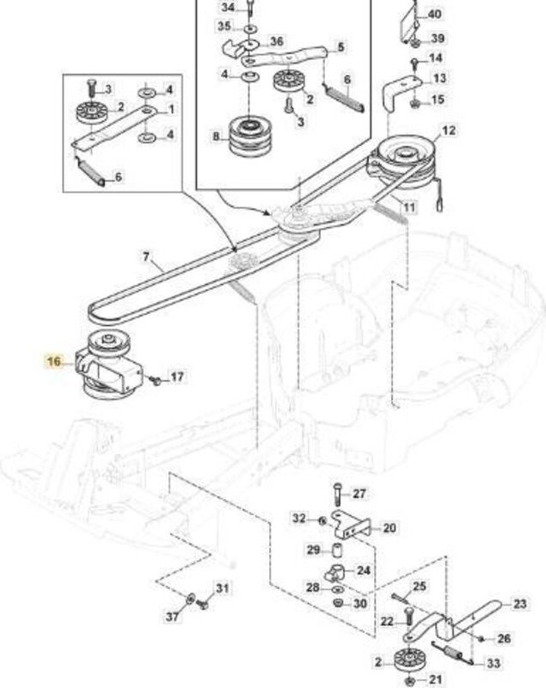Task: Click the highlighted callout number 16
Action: click(x=54, y=361)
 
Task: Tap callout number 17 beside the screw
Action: click(x=177, y=377)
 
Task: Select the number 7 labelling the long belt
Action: click(x=146, y=256)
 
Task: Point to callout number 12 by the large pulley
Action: click(x=449, y=131)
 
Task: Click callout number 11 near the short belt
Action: click(x=408, y=206)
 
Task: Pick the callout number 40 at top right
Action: click(x=434, y=14)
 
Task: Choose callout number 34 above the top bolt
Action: click(x=228, y=8)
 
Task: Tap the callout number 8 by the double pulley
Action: click(x=216, y=137)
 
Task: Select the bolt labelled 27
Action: click(x=337, y=494)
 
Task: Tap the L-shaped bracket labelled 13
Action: click(x=402, y=92)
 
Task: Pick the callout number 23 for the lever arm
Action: click(x=519, y=604)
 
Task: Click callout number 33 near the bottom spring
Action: click(x=494, y=662)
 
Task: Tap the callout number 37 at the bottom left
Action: click(x=172, y=616)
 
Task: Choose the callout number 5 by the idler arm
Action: click(x=340, y=46)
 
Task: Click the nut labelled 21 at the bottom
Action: click(x=409, y=681)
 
